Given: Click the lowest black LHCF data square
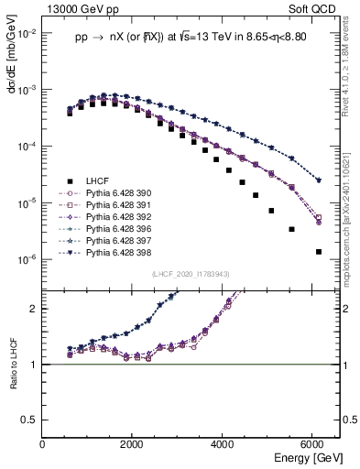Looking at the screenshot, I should (x=318, y=252).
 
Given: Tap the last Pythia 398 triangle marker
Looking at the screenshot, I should (x=318, y=180).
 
